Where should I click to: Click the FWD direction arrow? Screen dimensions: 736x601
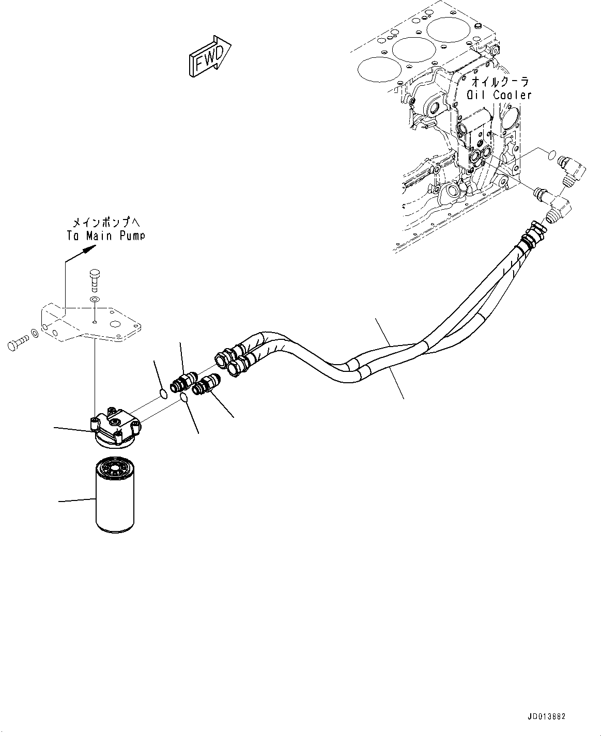point(209,57)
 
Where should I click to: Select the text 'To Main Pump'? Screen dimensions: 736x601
point(105,236)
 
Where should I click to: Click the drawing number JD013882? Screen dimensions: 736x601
point(547,717)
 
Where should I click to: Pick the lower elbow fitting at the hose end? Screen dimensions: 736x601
point(560,206)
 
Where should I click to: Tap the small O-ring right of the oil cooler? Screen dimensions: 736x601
point(552,153)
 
